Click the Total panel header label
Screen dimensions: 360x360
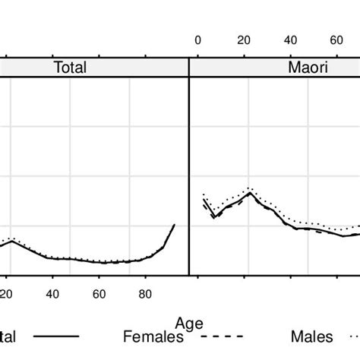pos(70,68)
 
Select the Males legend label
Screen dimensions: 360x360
pos(313,335)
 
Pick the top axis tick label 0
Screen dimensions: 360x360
pos(197,40)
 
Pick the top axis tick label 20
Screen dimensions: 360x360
pos(244,40)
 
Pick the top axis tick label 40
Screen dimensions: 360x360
pos(291,40)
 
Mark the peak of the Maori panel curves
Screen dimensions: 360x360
pos(248,191)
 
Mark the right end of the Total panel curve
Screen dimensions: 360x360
pos(175,225)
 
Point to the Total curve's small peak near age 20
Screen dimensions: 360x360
pos(14,240)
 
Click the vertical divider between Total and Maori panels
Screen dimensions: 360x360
pos(188,175)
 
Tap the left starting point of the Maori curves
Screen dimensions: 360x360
pos(204,200)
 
